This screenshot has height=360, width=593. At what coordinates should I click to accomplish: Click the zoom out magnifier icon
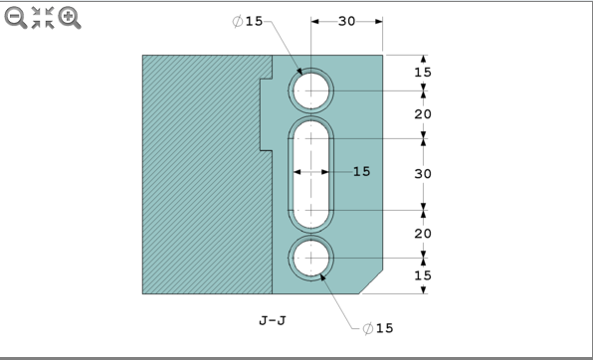click(x=16, y=17)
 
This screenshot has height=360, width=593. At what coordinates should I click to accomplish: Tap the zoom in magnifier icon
click(x=70, y=17)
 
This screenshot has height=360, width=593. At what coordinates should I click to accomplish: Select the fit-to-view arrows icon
click(x=43, y=17)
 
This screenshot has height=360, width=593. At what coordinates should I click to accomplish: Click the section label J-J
click(x=273, y=321)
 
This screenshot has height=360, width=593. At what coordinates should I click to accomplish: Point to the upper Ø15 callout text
click(x=248, y=22)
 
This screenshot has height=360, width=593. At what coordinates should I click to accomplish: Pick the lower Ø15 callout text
click(x=378, y=328)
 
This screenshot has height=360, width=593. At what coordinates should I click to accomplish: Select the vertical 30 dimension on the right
click(x=423, y=173)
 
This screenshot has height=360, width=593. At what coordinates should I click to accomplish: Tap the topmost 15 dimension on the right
click(x=423, y=72)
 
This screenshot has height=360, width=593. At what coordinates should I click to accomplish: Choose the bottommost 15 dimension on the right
click(x=423, y=275)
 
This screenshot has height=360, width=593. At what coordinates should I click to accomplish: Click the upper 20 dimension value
click(x=423, y=114)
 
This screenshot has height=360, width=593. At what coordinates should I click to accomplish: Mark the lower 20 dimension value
click(x=423, y=234)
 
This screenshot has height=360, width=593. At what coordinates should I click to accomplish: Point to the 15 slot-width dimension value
click(x=361, y=172)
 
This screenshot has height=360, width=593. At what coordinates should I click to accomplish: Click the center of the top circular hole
click(x=311, y=91)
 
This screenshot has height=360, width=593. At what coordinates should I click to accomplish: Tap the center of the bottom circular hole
click(x=311, y=257)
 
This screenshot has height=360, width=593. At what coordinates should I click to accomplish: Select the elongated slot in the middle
click(x=311, y=174)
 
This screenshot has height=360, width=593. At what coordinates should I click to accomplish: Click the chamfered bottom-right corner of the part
click(x=372, y=282)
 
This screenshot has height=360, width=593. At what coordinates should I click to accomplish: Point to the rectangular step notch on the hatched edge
click(x=266, y=114)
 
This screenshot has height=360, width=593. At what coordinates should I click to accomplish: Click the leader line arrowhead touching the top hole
click(x=299, y=74)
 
